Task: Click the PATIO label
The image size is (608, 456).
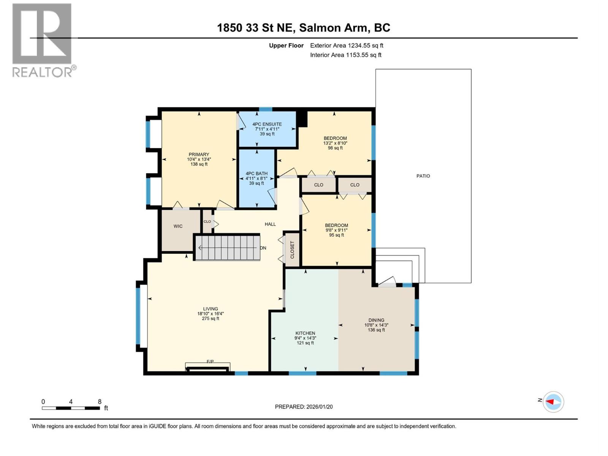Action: click(423, 176)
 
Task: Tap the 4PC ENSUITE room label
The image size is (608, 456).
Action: click(267, 124)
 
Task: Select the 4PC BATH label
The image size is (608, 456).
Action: click(256, 174)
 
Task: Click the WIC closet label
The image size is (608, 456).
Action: click(178, 226)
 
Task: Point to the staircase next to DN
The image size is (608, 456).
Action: click(227, 248)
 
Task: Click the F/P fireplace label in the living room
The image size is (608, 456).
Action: click(210, 361)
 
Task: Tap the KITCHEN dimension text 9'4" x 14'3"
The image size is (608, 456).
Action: click(305, 338)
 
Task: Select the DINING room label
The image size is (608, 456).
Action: click(376, 320)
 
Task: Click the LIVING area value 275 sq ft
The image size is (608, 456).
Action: click(211, 319)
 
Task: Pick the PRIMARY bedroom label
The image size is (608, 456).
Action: click(199, 155)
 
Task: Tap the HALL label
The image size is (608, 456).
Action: click(270, 224)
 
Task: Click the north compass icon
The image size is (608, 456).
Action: click(553, 402)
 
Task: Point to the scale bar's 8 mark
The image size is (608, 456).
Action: click(100, 402)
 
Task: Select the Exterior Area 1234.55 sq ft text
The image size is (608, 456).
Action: click(346, 46)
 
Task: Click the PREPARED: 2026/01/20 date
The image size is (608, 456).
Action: click(304, 407)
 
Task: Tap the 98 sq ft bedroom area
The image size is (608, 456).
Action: click(335, 148)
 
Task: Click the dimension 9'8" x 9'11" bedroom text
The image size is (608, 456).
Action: click(336, 230)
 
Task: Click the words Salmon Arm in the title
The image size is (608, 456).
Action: click(333, 28)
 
